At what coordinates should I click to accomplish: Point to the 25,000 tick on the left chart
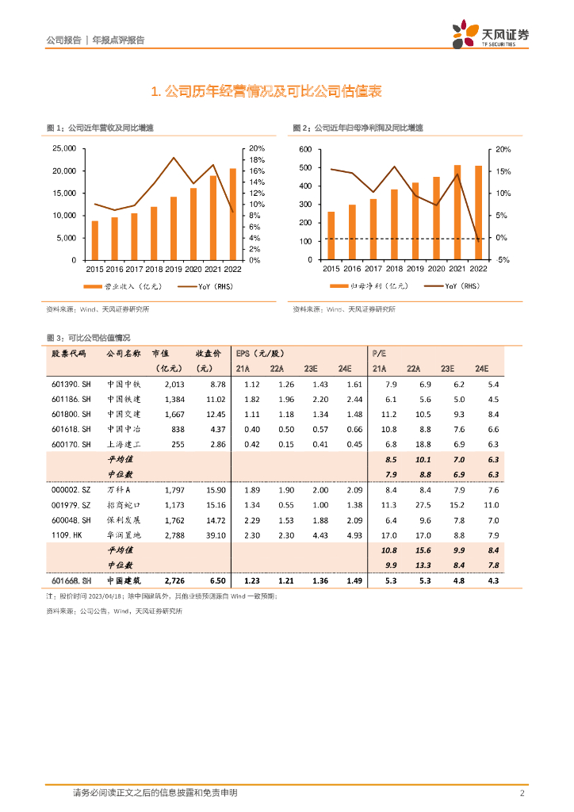click(63, 148)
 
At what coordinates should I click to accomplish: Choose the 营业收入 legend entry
click(114, 285)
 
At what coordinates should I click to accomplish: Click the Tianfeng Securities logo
click(490, 35)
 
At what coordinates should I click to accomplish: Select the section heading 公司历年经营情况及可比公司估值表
click(266, 92)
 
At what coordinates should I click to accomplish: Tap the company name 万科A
click(121, 490)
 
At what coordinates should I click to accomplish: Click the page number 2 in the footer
click(522, 793)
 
